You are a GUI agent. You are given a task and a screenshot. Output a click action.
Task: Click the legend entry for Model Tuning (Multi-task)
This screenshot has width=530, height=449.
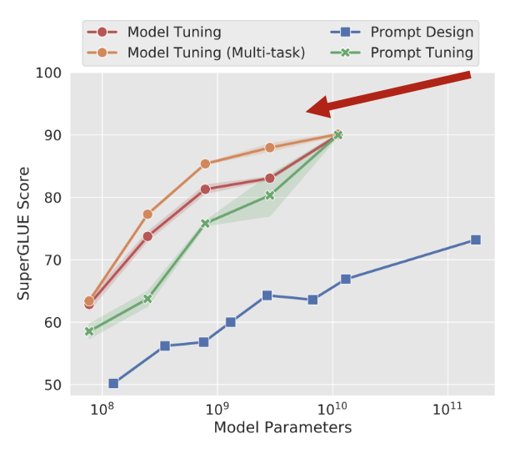coord(216,53)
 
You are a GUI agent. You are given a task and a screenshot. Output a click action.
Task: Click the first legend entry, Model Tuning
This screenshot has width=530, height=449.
coord(173,33)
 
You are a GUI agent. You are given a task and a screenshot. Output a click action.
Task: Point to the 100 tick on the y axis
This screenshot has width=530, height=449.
coord(49,73)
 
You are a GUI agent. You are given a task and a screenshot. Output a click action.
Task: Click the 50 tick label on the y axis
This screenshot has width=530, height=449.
coord(52,385)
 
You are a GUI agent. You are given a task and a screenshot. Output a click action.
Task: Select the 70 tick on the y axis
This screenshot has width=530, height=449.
coord(52,260)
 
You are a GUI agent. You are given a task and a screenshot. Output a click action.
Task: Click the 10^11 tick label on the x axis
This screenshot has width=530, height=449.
coord(447,410)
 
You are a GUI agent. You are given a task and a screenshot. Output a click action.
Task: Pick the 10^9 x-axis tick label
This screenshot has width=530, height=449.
coord(217,410)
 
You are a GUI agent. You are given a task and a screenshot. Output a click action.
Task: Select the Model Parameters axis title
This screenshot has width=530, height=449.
coord(282,429)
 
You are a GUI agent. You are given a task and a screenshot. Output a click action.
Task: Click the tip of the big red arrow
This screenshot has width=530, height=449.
coord(307,110)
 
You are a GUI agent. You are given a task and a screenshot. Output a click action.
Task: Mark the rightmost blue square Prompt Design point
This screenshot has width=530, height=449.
coord(476,240)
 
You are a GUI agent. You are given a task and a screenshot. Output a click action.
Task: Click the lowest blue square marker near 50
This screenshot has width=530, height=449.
coord(113,384)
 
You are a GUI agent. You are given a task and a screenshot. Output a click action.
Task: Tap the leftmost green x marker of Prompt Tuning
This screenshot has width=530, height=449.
coord(89,331)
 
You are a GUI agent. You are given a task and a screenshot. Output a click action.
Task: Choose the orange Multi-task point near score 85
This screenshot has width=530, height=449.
coord(205,164)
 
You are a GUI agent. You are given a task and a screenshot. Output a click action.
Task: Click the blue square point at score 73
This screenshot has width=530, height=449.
coord(476,240)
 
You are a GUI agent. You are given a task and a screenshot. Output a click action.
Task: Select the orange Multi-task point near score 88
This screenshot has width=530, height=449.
coord(270,148)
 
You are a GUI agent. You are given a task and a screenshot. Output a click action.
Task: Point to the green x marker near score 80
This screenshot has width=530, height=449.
coord(270,195)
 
